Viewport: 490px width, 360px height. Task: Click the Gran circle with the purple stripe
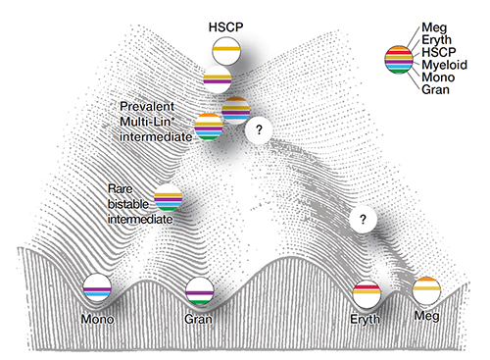[x=199, y=291]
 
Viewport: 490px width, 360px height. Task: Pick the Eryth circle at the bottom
[x=368, y=290]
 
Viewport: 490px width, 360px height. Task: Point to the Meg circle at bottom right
[x=426, y=291]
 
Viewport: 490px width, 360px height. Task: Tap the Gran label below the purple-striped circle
[x=199, y=319]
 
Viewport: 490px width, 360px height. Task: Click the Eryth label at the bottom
[x=367, y=319]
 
